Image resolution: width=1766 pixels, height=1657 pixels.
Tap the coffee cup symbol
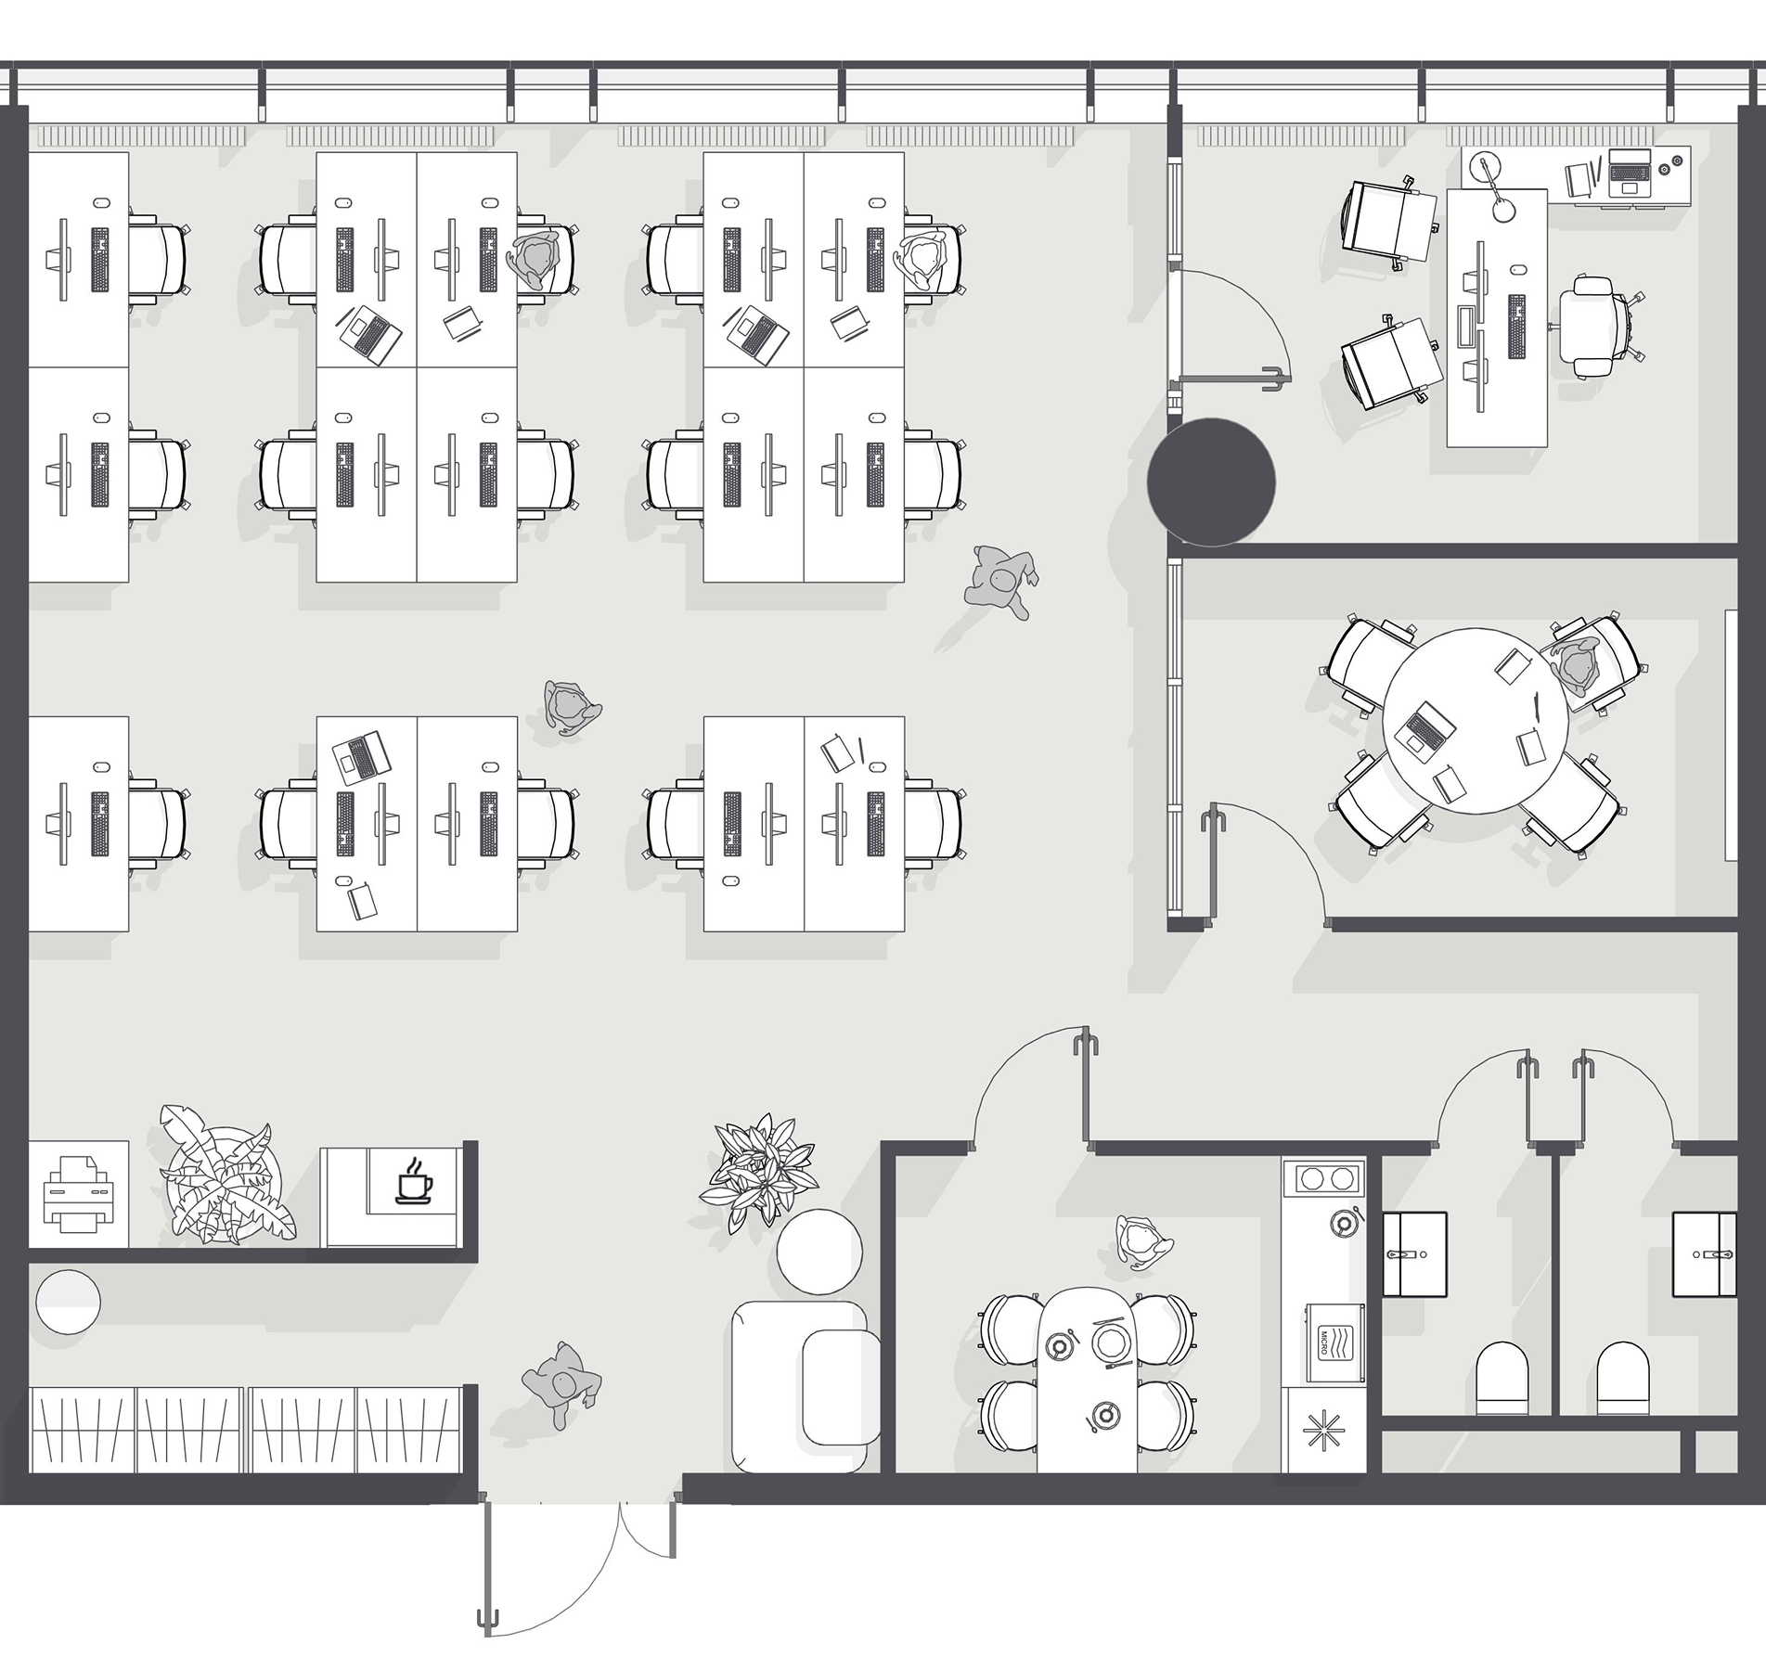[x=414, y=1181]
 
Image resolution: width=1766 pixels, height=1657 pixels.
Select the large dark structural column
[x=1211, y=482]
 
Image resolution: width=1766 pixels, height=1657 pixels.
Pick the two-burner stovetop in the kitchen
[x=1324, y=1179]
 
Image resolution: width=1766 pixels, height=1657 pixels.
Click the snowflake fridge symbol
[x=1323, y=1432]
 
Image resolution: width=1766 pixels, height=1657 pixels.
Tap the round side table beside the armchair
[x=819, y=1251]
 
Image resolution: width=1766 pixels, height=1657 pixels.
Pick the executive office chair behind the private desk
[x=1596, y=327]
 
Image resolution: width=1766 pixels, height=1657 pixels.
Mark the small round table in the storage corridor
[x=68, y=1302]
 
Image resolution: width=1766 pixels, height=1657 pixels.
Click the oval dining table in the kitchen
[x=1088, y=1380]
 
